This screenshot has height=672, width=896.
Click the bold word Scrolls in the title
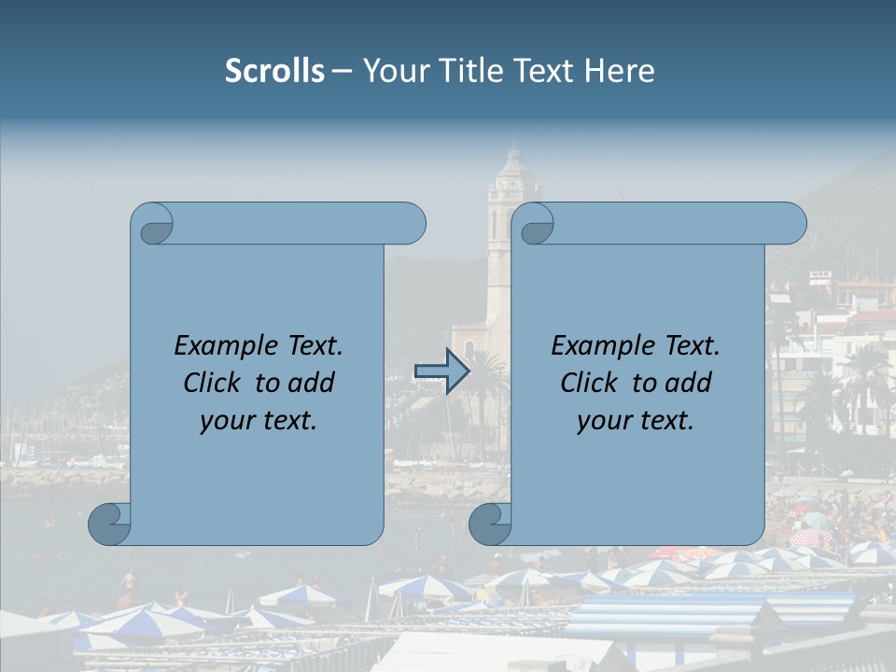pyautogui.click(x=274, y=71)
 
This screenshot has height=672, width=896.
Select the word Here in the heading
pyautogui.click(x=619, y=71)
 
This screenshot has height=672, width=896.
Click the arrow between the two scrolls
pyautogui.click(x=441, y=371)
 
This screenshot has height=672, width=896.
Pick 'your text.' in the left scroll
pyautogui.click(x=258, y=420)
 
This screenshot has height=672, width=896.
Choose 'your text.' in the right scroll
pyautogui.click(x=635, y=420)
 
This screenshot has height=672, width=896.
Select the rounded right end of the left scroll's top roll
pyautogui.click(x=411, y=224)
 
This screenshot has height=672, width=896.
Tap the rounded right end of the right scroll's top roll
pyautogui.click(x=791, y=224)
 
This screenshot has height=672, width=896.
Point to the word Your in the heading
pyautogui.click(x=392, y=71)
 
